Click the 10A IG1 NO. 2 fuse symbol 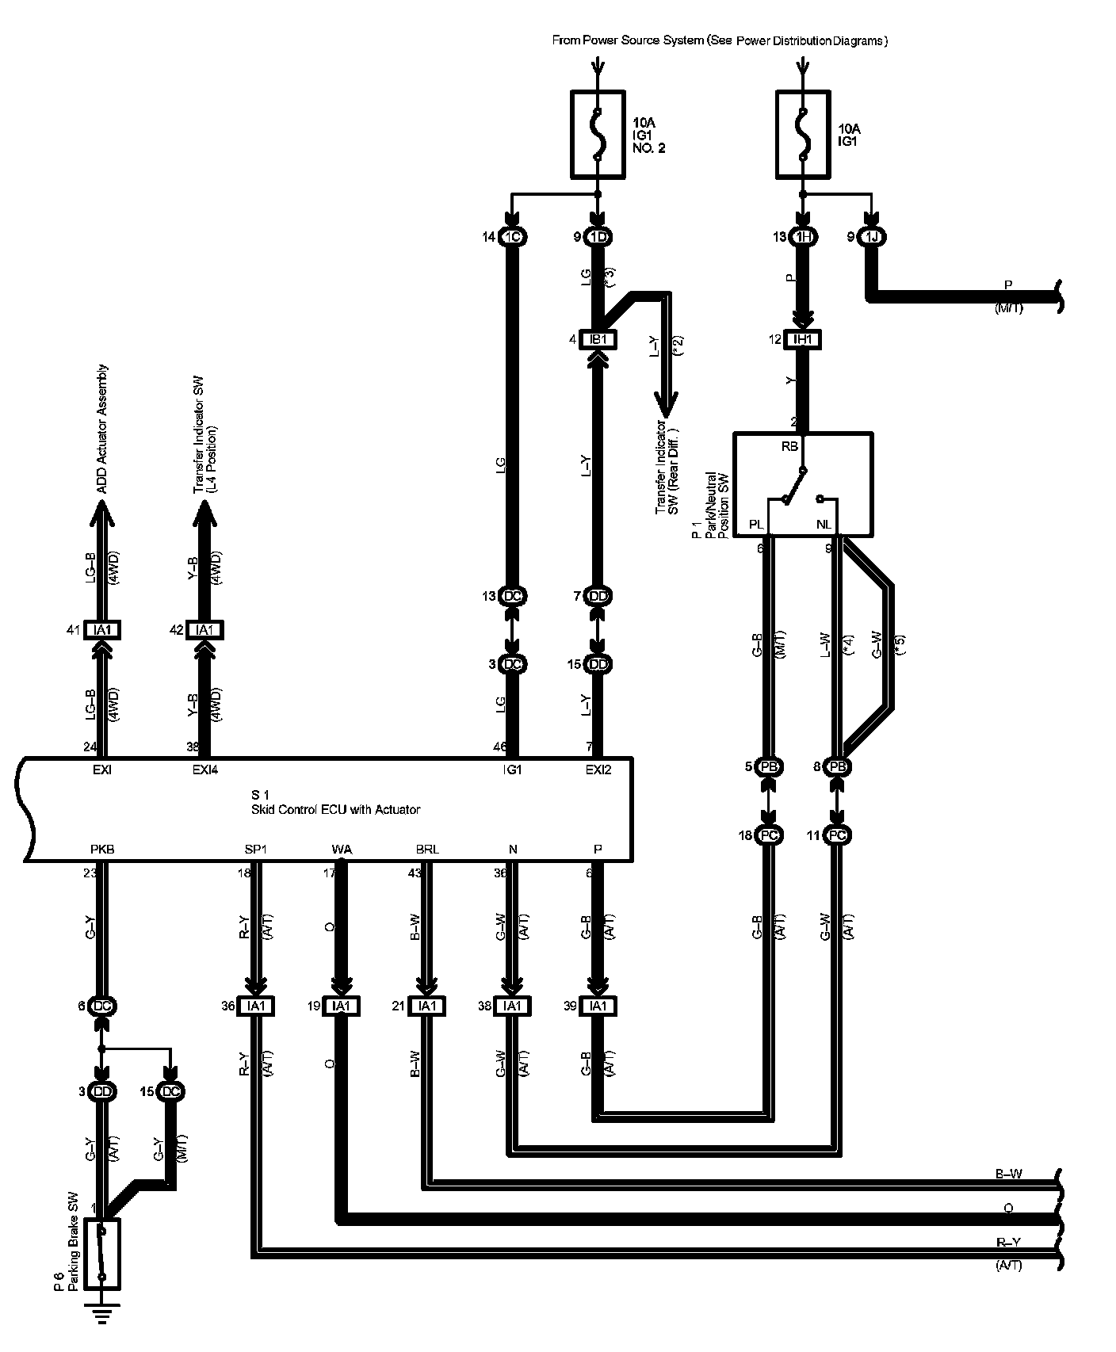pos(597,134)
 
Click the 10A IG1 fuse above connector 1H pos(803,134)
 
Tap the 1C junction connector pos(512,237)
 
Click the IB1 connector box pos(598,340)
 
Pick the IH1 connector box pos(803,340)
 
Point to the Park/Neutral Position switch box pos(802,484)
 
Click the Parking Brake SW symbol pos(101,1255)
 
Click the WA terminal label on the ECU pos(342,849)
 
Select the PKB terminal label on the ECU pos(102,849)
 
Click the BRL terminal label pos(427,849)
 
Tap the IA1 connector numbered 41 pos(101,630)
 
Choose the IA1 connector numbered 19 pos(341,1006)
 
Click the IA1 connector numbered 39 pos(598,1006)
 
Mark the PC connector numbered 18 pos(769,835)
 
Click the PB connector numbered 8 pos(837,767)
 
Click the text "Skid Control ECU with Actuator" pos(335,809)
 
